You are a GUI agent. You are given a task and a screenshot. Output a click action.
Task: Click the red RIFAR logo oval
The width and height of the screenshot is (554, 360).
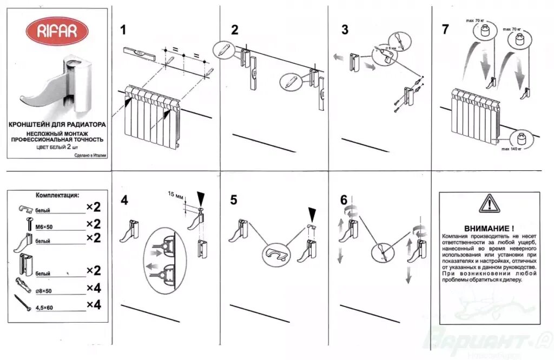tap(56, 31)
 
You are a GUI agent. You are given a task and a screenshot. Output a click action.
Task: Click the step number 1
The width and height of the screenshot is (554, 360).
tap(124, 29)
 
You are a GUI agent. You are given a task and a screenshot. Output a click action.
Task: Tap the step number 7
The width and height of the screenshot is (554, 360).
tap(445, 29)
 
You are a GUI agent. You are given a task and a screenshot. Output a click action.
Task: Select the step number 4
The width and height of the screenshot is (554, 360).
tap(124, 200)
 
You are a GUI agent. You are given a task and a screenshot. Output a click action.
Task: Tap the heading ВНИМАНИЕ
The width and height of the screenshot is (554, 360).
tap(489, 228)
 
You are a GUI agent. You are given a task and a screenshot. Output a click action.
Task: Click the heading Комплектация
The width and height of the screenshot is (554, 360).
tap(57, 195)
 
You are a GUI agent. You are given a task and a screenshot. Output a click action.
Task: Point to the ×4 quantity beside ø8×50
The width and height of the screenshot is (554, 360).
tap(94, 289)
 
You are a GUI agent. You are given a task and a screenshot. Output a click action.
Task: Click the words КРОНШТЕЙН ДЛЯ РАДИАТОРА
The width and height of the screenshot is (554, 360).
tap(57, 124)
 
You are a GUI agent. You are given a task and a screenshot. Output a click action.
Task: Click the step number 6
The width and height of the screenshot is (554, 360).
tap(344, 199)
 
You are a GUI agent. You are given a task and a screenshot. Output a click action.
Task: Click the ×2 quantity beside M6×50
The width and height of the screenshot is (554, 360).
tap(94, 224)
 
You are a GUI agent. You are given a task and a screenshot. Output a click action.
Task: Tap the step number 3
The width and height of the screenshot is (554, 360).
tap(345, 29)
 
